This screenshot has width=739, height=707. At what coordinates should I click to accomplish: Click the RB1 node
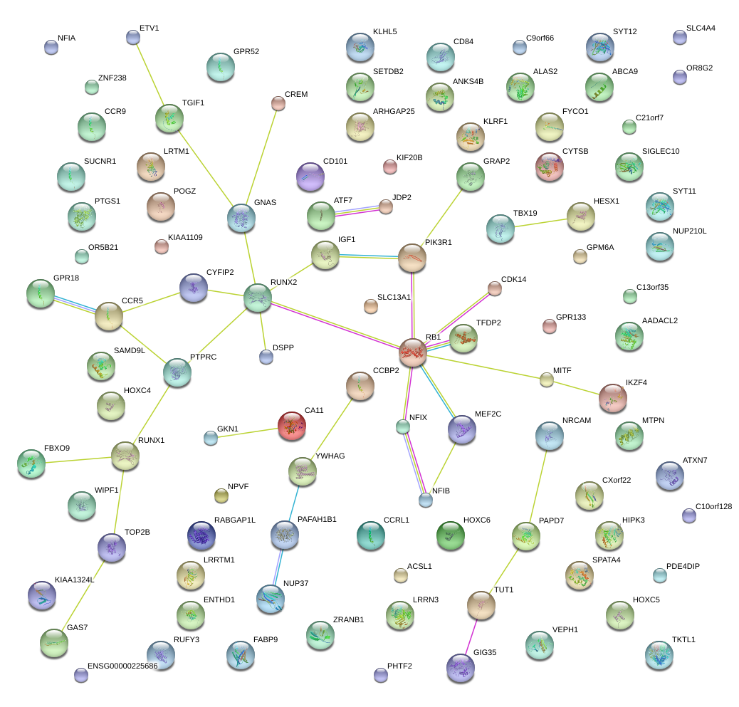point(413,352)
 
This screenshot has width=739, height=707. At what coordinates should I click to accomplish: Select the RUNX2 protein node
point(258,298)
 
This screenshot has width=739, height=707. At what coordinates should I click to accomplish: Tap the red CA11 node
point(292,425)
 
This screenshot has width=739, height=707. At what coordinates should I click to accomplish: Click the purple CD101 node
point(310,176)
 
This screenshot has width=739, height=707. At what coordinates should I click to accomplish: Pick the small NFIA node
point(51,47)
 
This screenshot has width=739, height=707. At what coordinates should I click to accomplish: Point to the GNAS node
point(241,217)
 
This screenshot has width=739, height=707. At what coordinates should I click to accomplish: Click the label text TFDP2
point(488,323)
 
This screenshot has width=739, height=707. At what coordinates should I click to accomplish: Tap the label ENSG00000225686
point(122,666)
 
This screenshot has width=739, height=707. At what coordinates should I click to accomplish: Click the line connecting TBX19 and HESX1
point(540,221)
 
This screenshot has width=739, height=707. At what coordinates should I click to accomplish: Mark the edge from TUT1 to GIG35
point(471,635)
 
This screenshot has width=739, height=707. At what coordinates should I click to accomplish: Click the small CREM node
point(278,104)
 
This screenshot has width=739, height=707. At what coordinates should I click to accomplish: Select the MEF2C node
point(461,429)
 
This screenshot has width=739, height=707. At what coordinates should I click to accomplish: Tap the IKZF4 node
point(612,397)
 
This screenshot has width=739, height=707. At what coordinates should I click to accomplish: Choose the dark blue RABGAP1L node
point(201,536)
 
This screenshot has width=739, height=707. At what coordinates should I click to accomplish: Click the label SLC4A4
point(701,28)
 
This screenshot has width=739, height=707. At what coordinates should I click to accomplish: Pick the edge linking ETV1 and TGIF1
point(150,75)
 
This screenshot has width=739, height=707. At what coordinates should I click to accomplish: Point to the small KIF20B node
point(389,167)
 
